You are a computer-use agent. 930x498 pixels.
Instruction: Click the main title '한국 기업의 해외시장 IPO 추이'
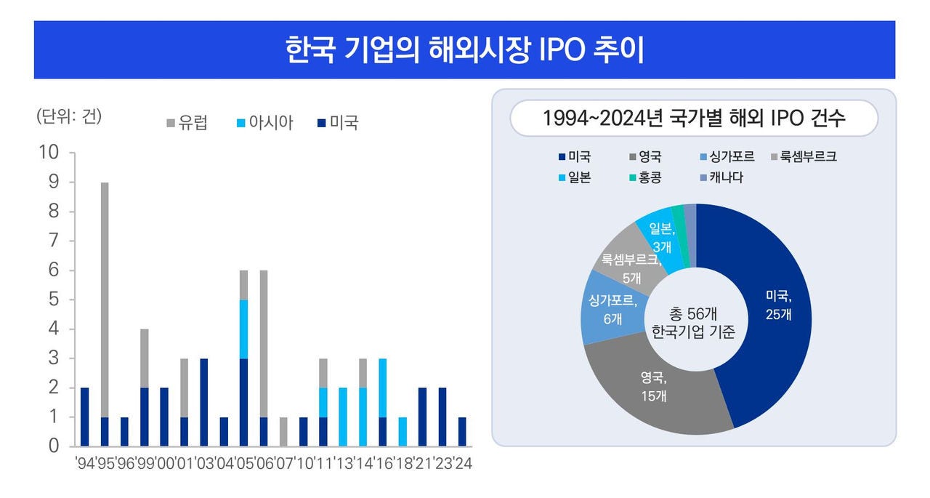click(464, 50)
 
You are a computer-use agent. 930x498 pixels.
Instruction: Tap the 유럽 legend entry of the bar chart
click(187, 123)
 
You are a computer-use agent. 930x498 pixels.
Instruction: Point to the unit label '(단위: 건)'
click(69, 116)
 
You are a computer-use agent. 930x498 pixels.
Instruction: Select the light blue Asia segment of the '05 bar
click(244, 329)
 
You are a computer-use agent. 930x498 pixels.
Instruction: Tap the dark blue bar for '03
click(204, 402)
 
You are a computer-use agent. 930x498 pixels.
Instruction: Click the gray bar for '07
click(284, 431)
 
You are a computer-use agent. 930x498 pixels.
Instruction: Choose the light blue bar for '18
click(403, 431)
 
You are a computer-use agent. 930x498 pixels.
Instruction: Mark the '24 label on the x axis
click(463, 462)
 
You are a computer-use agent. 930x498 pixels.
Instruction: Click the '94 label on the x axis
click(85, 462)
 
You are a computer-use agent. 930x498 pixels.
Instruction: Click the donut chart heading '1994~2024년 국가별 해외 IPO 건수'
click(694, 119)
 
